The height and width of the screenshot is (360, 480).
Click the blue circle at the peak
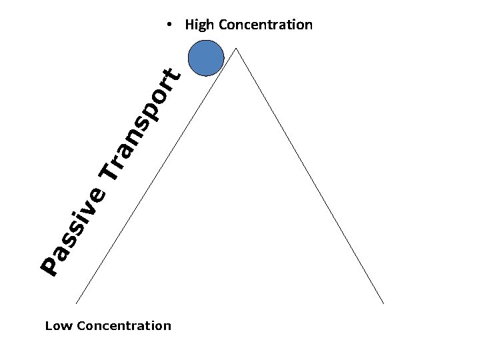(x=206, y=58)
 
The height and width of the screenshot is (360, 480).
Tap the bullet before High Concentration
(x=171, y=25)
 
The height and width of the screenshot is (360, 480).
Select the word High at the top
(x=199, y=25)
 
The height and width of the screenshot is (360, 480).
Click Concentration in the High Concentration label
(x=265, y=25)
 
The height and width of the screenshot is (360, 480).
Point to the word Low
(x=59, y=326)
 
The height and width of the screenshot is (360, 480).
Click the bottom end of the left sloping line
(x=76, y=304)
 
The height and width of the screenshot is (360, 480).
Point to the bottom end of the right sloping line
(x=384, y=304)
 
